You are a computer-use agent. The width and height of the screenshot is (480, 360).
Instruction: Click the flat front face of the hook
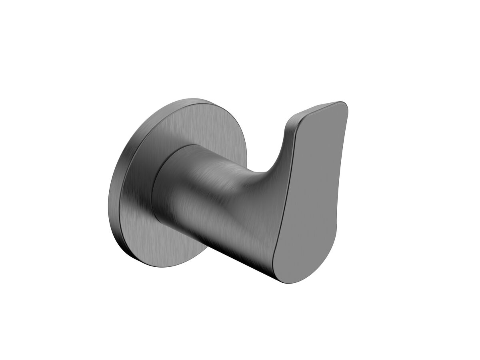tap(316, 192)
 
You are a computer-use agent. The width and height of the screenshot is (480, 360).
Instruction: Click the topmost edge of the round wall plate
tap(192, 98)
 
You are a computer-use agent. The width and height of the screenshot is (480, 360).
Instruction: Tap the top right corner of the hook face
tap(344, 105)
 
